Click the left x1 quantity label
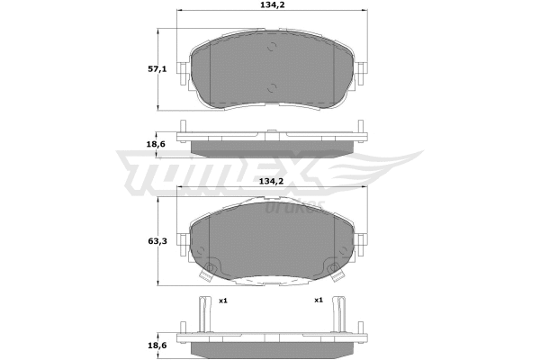222,300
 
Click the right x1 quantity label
318,300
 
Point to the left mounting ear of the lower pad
183,242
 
